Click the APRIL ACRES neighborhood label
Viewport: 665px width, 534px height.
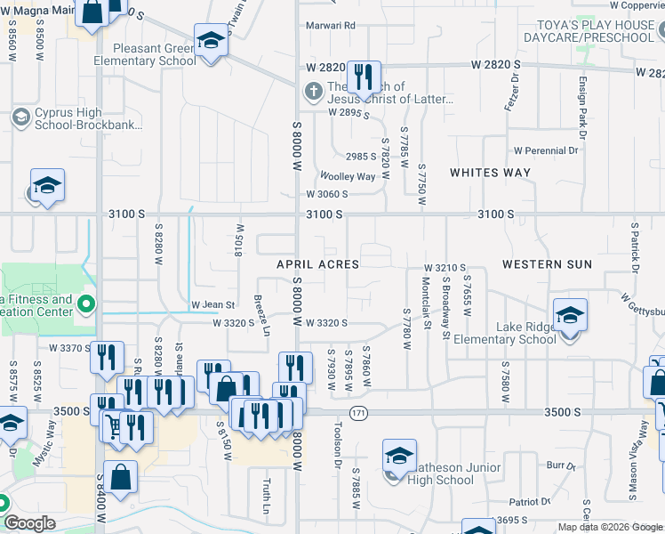pos(317,265)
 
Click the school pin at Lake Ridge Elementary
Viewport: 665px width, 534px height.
pos(570,316)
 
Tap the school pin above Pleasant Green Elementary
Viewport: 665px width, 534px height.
pos(211,41)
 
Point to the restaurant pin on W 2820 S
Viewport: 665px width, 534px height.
pos(362,77)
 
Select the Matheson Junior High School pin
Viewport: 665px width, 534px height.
pos(399,457)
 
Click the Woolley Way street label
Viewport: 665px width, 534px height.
pos(348,176)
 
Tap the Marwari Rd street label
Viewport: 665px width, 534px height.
pos(332,26)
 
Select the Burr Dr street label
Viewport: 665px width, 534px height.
pos(557,465)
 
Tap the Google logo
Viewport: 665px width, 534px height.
pos(29,523)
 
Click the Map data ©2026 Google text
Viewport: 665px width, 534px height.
pos(609,527)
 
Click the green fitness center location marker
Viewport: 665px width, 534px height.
pos(85,306)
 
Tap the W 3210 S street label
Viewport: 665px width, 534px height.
pos(445,268)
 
